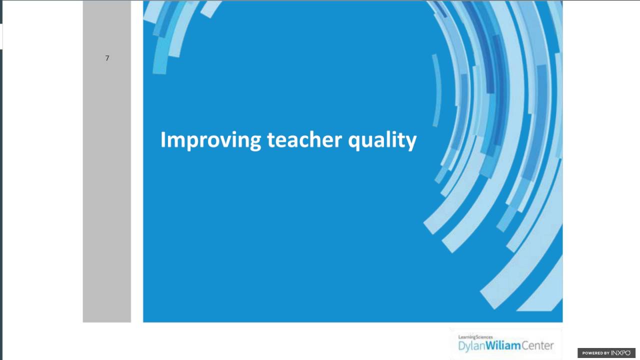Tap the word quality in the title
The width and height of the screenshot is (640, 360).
tap(382, 140)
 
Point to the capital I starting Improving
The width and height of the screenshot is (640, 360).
tap(163, 139)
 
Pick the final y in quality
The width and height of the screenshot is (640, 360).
tap(411, 142)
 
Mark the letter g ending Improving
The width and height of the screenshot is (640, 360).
tap(255, 142)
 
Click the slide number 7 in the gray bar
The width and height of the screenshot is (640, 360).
tap(107, 58)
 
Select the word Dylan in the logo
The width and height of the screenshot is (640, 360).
tap(473, 345)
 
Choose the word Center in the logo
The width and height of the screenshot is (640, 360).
tap(537, 345)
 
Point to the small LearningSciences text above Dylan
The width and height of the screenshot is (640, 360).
tap(475, 337)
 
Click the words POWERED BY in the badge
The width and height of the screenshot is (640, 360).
tap(595, 353)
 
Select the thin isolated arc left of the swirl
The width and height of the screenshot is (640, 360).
tap(437, 90)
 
